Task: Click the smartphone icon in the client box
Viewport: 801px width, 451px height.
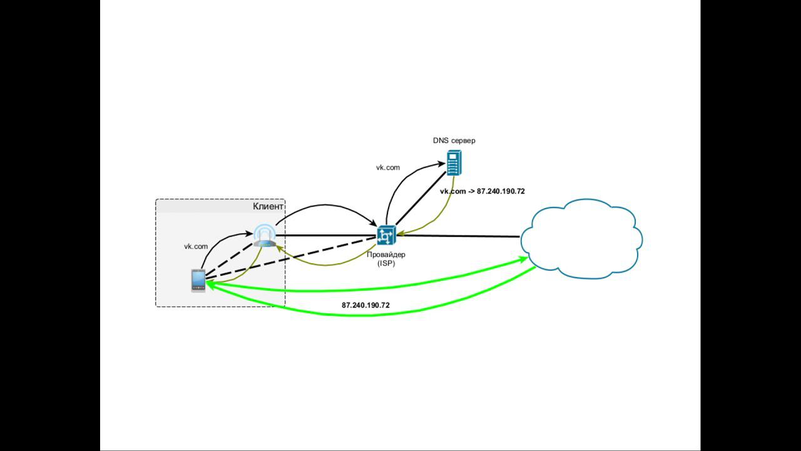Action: click(x=198, y=280)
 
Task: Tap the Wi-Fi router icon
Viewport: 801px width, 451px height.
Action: click(x=264, y=236)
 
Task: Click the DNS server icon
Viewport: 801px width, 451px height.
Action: click(x=455, y=163)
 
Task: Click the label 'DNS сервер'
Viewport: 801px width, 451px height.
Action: click(x=454, y=140)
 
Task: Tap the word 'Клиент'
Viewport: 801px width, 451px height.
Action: click(x=268, y=206)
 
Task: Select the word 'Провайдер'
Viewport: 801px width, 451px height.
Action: click(x=385, y=255)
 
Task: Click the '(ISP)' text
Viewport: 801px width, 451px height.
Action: click(x=385, y=264)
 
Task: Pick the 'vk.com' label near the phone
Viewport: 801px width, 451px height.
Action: click(x=195, y=247)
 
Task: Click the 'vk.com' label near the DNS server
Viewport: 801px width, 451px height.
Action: click(x=388, y=167)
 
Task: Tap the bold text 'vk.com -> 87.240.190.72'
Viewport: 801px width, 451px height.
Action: click(x=482, y=191)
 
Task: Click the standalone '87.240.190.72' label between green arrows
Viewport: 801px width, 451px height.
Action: click(x=365, y=305)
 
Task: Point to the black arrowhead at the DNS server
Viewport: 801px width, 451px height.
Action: click(x=442, y=165)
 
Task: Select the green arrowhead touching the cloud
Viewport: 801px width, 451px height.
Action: click(x=524, y=258)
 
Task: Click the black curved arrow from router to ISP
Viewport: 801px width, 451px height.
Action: click(x=325, y=206)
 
